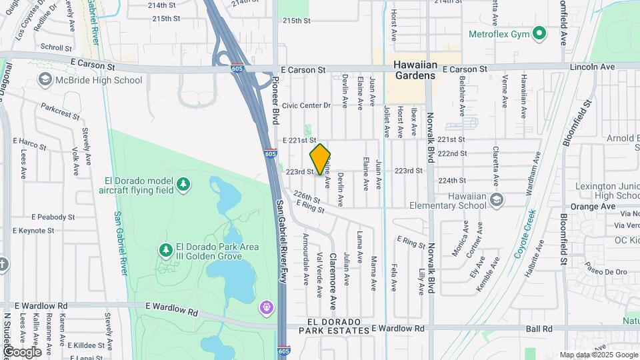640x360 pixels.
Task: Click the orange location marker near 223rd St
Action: [320, 159]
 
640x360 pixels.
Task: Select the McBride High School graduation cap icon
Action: [45, 80]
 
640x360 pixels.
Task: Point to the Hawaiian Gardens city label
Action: [414, 70]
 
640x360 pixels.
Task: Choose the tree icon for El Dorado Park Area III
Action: [165, 250]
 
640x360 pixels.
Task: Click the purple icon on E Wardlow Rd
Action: [267, 307]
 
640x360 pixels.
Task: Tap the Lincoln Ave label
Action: [592, 67]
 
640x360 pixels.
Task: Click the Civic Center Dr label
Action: [306, 105]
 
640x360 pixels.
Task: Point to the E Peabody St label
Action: [53, 217]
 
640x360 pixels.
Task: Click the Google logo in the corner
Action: [22, 351]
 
